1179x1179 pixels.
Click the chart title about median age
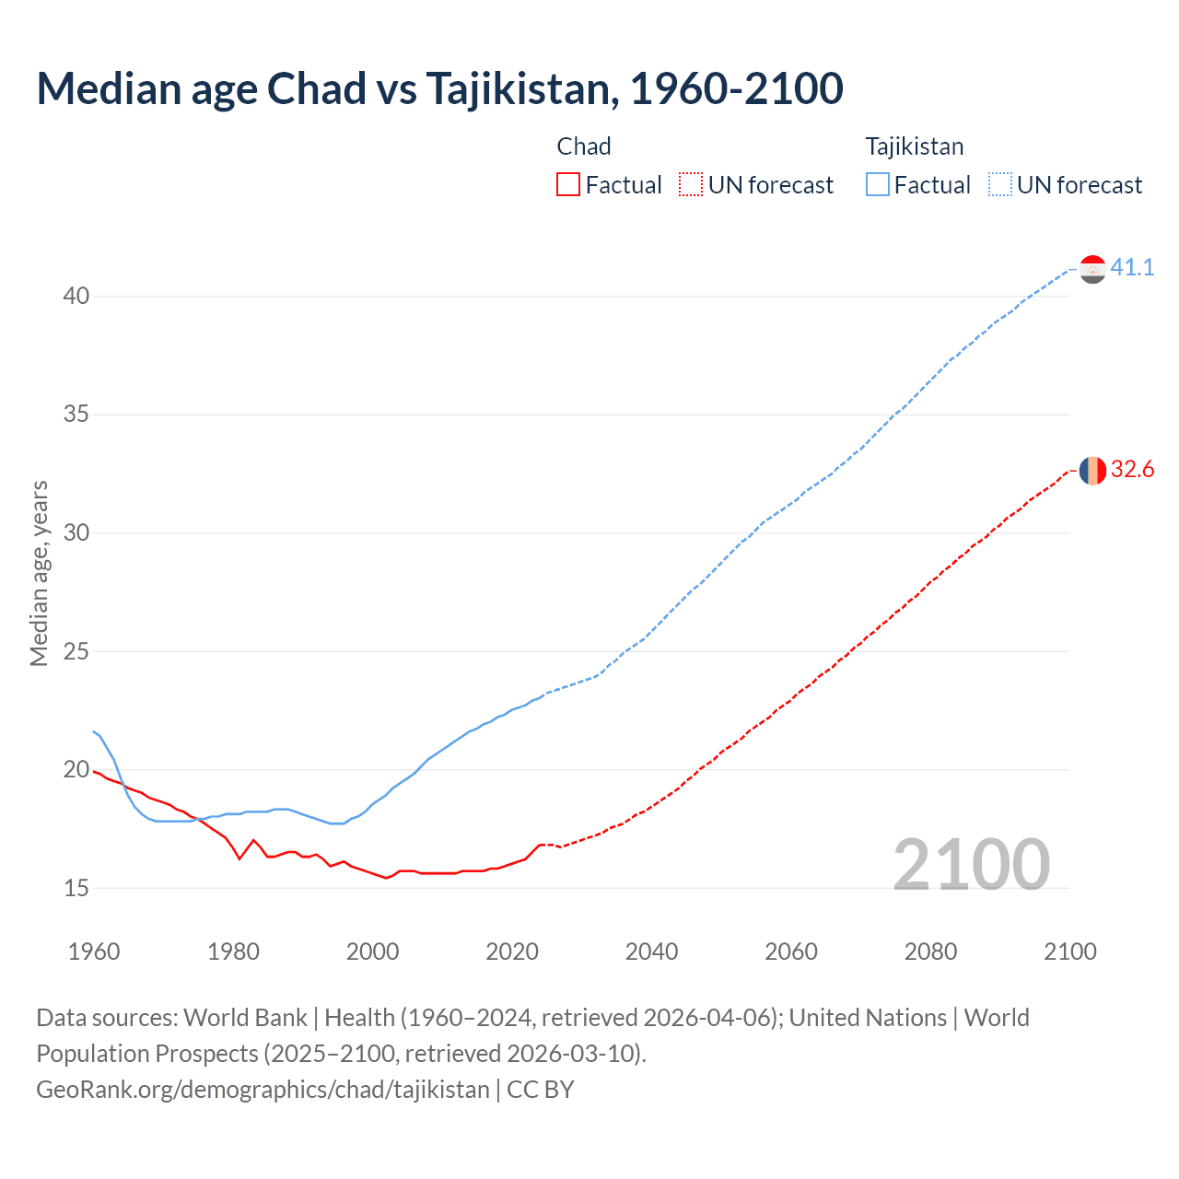[x=439, y=88]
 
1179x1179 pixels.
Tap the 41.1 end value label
[x=1132, y=267]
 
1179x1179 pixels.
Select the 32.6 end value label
[x=1132, y=470]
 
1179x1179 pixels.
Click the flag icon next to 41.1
[x=1092, y=269]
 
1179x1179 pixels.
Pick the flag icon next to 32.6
[x=1092, y=471]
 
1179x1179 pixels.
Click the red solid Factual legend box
[x=568, y=185]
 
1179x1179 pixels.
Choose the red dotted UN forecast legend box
[x=691, y=185]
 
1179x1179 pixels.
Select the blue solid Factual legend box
[x=877, y=185]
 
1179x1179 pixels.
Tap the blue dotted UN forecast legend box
[x=999, y=185]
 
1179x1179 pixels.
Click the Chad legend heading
[x=584, y=146]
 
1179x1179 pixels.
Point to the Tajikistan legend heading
[x=914, y=146]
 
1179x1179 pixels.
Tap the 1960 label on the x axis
[x=94, y=951]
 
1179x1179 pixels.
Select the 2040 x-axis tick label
[x=651, y=951]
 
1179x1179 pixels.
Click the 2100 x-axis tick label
[x=1069, y=951]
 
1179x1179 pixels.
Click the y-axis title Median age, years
[x=39, y=573]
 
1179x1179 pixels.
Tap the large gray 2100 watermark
[x=971, y=864]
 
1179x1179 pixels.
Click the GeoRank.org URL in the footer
[x=263, y=1090]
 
